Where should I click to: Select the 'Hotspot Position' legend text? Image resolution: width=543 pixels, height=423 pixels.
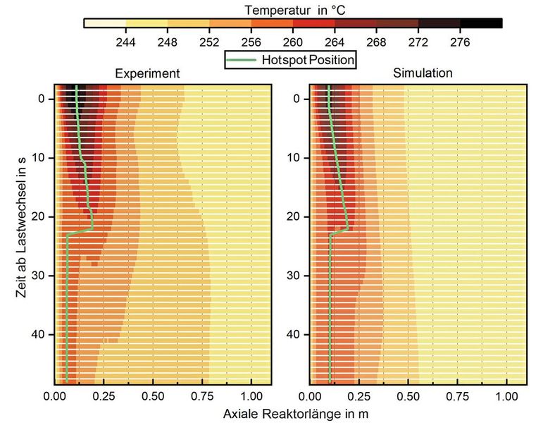coord(307,60)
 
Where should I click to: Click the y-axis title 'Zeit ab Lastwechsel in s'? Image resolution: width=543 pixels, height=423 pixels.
coord(21,234)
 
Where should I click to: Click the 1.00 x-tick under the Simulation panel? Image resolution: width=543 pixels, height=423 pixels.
coord(506,397)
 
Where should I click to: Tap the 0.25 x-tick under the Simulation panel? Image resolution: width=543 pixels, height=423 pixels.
coord(359,397)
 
